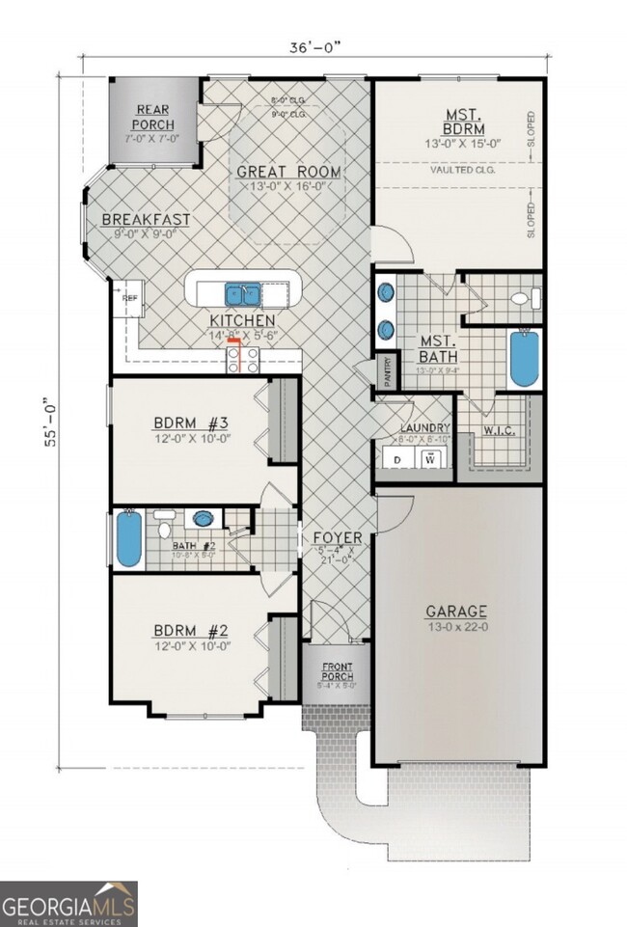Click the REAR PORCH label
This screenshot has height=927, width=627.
point(153,118)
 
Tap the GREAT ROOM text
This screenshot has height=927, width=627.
point(289,173)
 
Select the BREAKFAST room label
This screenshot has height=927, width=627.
point(146,220)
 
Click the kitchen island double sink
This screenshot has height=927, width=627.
point(241,293)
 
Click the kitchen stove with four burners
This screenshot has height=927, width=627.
point(242,360)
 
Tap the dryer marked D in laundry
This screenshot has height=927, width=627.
point(397,458)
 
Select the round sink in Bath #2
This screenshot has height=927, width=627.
point(203,519)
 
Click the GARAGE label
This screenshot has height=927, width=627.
point(457,612)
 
